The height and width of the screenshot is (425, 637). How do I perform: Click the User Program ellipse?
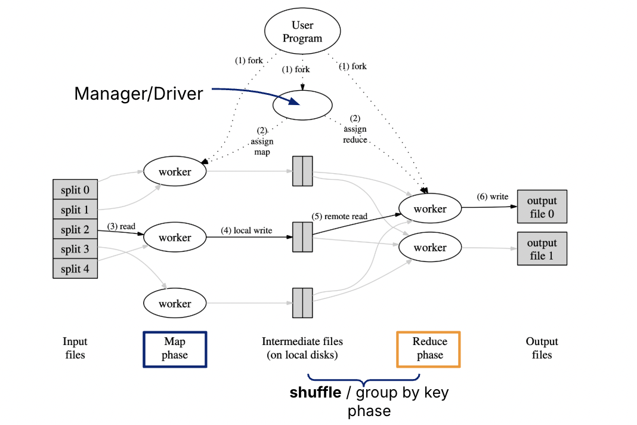click(x=302, y=32)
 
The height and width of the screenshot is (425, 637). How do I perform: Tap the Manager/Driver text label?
click(x=138, y=94)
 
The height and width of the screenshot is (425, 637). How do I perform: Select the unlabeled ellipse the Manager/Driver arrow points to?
click(x=302, y=105)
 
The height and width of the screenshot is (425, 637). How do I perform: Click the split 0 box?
click(x=75, y=190)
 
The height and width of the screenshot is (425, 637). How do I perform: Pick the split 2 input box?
click(x=75, y=230)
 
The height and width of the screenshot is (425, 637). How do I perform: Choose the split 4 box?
click(x=75, y=269)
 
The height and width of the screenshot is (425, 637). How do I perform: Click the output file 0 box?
click(x=542, y=207)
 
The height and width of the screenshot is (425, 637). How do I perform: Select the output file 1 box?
click(x=542, y=249)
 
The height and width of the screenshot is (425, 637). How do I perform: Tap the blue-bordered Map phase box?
click(x=175, y=349)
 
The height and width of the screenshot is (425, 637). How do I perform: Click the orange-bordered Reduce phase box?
click(x=429, y=349)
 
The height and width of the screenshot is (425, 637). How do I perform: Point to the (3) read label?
click(x=121, y=226)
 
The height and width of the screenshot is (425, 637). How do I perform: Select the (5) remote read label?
click(x=339, y=216)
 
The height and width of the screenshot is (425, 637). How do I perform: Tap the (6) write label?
click(x=492, y=196)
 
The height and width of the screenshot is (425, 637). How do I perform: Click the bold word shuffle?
click(x=315, y=393)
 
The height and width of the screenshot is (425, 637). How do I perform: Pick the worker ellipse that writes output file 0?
click(x=430, y=209)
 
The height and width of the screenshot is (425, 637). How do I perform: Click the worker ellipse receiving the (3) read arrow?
click(x=175, y=238)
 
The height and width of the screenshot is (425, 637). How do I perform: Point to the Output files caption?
click(x=542, y=348)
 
